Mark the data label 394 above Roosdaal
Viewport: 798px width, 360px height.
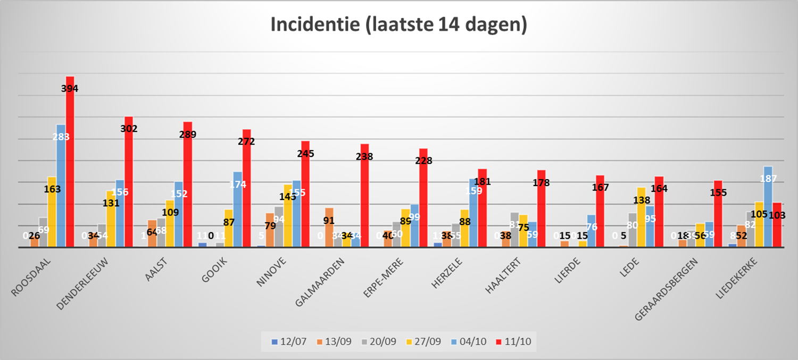pos(70,89)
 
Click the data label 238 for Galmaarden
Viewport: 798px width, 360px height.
pos(364,156)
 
